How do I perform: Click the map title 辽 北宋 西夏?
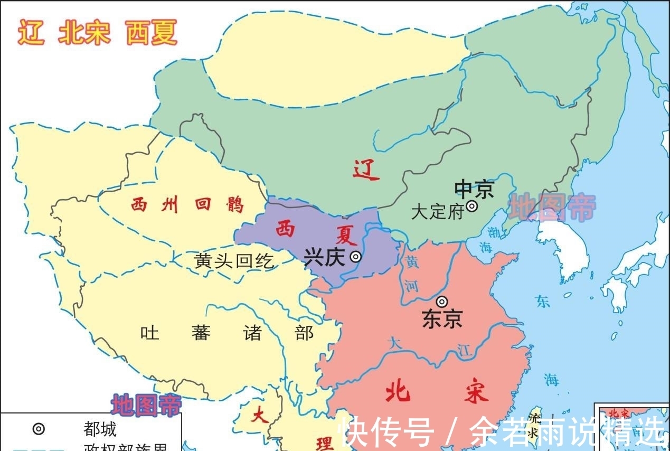tap(97, 33)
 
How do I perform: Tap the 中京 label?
tap(474, 189)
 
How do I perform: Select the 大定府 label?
tap(437, 212)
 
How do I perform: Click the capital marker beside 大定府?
tap(471, 206)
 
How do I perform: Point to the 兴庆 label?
tap(324, 257)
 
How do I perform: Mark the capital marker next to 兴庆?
tap(356, 257)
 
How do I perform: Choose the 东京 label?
tap(442, 318)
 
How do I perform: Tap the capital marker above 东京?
tap(442, 302)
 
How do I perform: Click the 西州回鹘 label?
tap(187, 204)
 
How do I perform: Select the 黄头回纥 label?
tap(234, 261)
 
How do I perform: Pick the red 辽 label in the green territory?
tap(366, 170)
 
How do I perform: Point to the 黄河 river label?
tap(412, 273)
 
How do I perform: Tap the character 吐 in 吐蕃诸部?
tap(149, 333)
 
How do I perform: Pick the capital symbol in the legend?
tap(39, 429)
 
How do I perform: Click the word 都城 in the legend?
tap(100, 429)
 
